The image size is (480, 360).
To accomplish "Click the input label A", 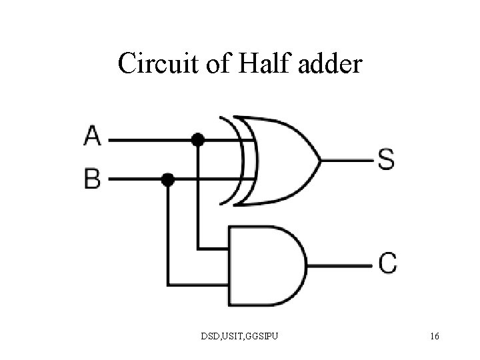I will [93, 138].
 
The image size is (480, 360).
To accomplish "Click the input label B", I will [93, 179].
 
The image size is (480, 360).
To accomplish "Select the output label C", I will [387, 262].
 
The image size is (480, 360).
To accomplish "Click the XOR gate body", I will [280, 160].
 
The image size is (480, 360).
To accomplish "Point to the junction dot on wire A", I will [197, 140].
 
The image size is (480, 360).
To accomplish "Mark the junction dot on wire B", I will [168, 179].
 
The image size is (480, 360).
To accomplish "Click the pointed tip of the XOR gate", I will [321, 160].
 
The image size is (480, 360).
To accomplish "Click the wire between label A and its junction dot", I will [150, 140].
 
